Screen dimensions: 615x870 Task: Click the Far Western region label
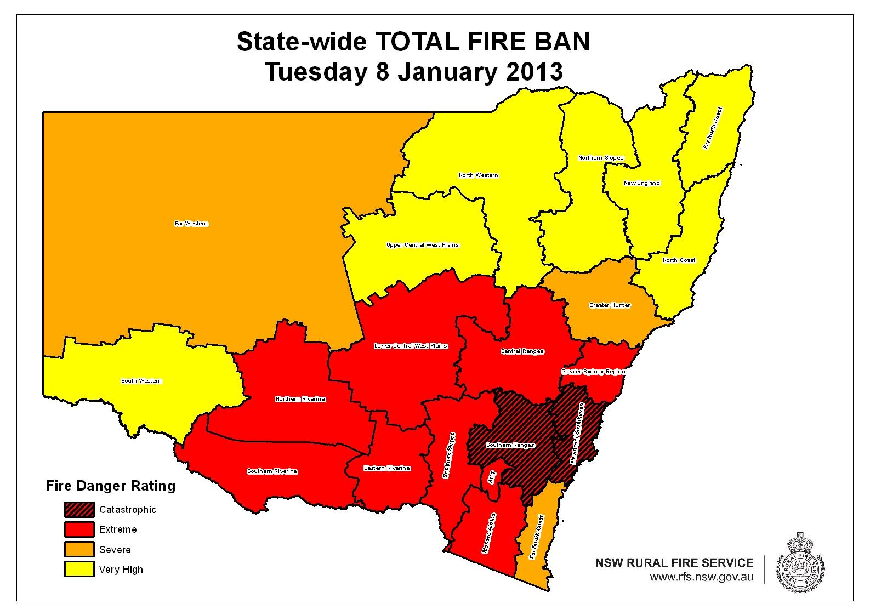pyautogui.click(x=191, y=224)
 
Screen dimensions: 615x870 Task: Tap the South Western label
pyautogui.click(x=141, y=381)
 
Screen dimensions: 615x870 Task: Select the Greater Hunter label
pyautogui.click(x=610, y=305)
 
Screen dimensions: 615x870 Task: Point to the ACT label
pyautogui.click(x=492, y=476)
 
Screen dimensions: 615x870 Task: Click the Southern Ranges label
pyautogui.click(x=510, y=445)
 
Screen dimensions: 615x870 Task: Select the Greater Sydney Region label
pyautogui.click(x=593, y=372)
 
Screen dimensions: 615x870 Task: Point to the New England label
pyautogui.click(x=642, y=183)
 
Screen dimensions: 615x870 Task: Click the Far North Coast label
pyautogui.click(x=713, y=128)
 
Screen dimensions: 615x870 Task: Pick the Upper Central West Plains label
pyautogui.click(x=423, y=245)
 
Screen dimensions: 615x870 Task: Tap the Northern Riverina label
pyautogui.click(x=300, y=399)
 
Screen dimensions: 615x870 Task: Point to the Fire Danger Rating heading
pyautogui.click(x=110, y=486)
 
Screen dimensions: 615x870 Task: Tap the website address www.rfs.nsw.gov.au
pyautogui.click(x=701, y=577)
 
